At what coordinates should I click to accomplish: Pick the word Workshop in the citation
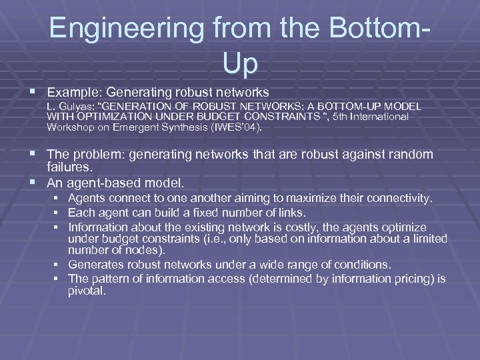[69, 127]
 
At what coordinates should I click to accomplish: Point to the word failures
[70, 167]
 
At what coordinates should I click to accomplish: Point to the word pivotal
[86, 291]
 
